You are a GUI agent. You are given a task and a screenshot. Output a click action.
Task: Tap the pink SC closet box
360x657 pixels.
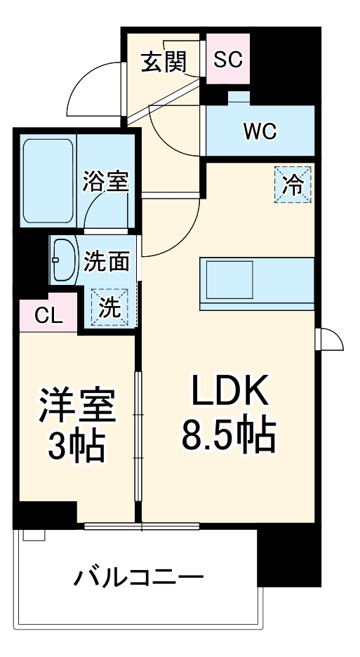click(x=227, y=60)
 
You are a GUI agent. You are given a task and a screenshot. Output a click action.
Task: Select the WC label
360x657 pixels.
click(x=260, y=131)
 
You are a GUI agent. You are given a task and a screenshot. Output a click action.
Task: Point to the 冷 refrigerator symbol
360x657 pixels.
click(x=293, y=185)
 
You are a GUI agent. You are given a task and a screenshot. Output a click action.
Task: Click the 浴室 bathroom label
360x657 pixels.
click(x=105, y=182)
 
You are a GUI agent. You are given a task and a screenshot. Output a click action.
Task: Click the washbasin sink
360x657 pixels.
click(x=62, y=260)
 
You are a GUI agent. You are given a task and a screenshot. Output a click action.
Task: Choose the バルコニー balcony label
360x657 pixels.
click(x=140, y=578)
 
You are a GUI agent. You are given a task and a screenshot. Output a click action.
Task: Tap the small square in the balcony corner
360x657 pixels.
click(x=32, y=535)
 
